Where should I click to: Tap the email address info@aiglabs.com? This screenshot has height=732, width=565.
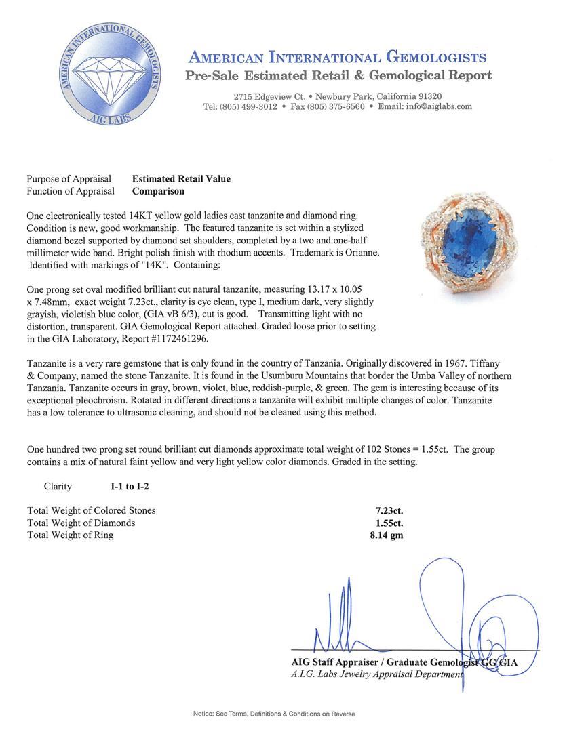point(425,107)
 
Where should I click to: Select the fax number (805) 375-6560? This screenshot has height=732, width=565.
point(336,107)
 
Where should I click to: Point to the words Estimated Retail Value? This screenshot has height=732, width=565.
point(181,179)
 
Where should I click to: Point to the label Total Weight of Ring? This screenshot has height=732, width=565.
point(70,535)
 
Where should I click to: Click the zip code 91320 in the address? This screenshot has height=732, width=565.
point(427,96)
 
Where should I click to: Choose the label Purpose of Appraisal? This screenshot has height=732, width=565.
point(69,179)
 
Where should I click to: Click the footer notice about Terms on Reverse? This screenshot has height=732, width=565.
point(274,714)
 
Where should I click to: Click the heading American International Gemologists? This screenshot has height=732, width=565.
point(337,57)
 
